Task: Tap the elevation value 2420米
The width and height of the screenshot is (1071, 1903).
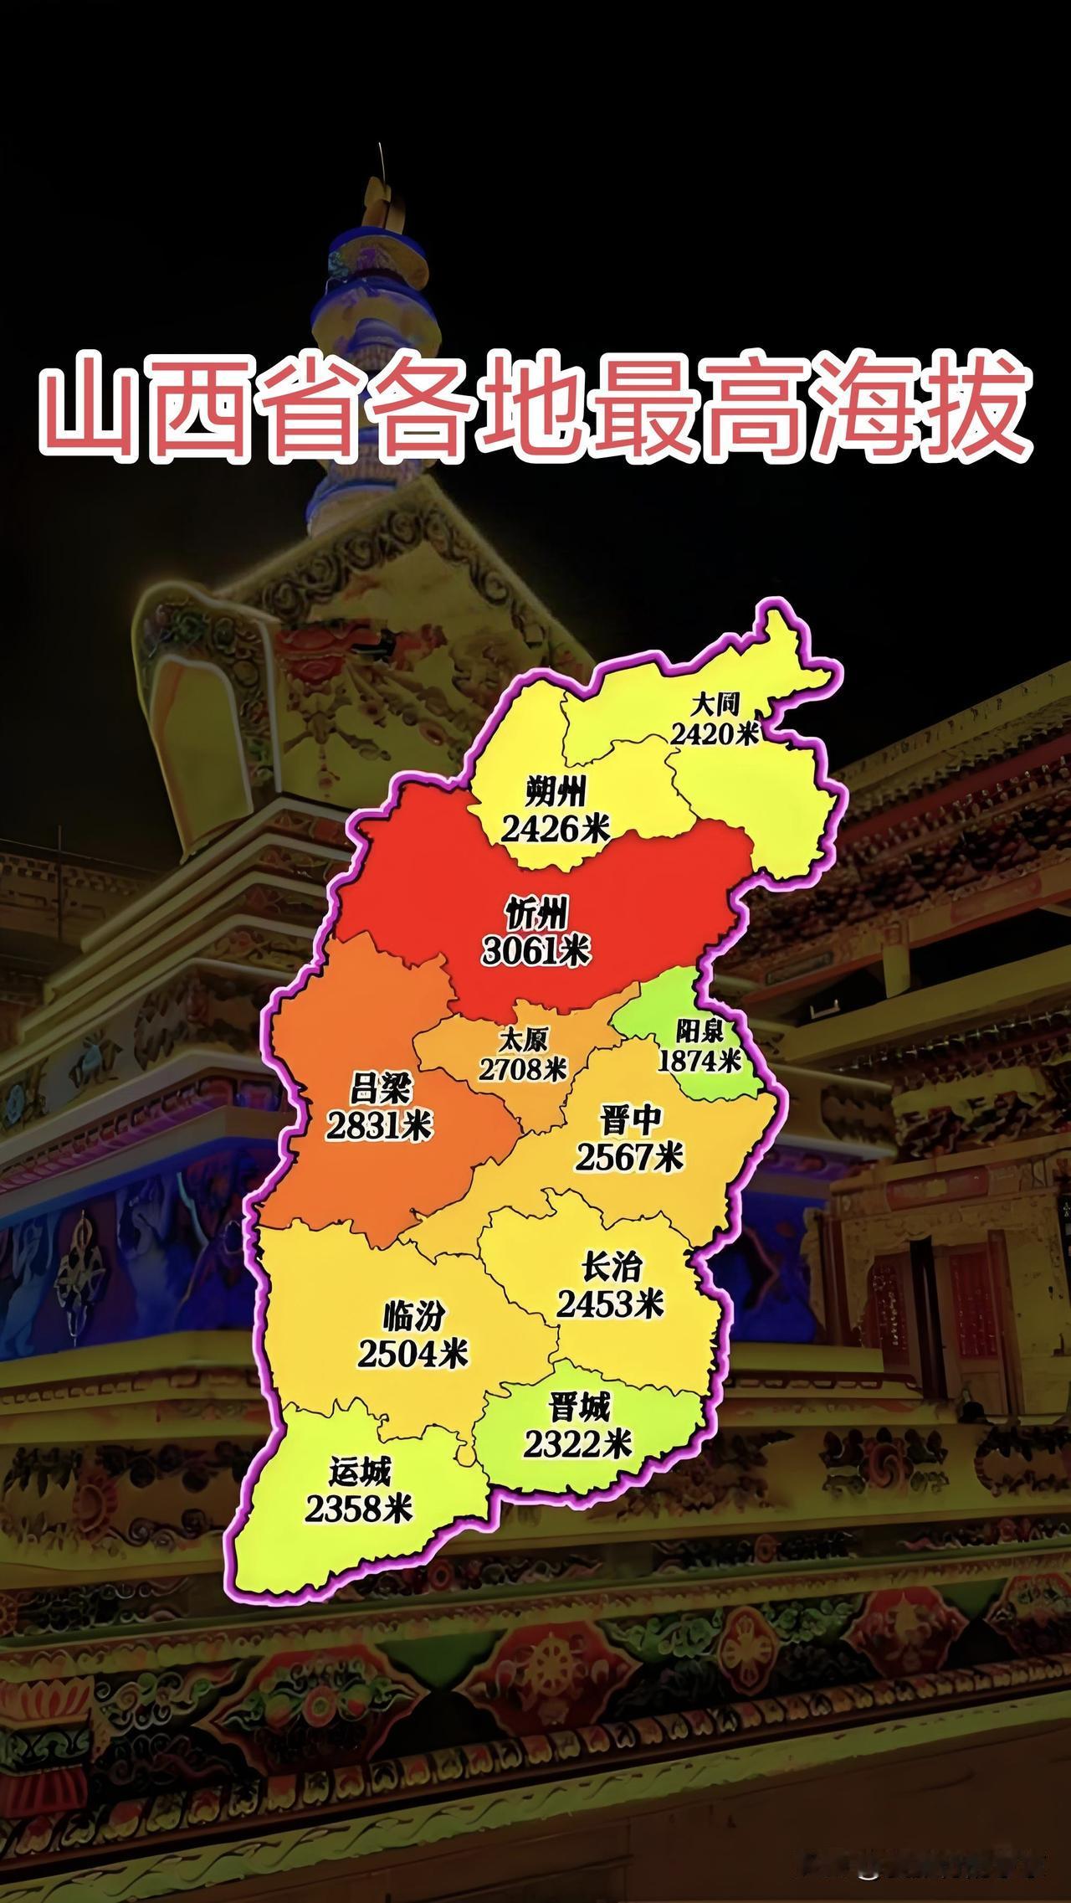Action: (714, 734)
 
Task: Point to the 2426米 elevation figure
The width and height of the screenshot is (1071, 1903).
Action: (556, 829)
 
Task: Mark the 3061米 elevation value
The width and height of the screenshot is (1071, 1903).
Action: (536, 951)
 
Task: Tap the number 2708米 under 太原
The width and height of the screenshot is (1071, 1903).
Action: (523, 1069)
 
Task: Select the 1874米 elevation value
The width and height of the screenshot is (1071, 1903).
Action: (699, 1060)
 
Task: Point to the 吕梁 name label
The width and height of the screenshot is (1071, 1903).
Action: (378, 1091)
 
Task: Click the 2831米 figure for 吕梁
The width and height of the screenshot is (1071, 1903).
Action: (378, 1127)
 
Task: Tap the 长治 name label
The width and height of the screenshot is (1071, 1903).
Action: (612, 1267)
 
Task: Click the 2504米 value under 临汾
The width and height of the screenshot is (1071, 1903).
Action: (413, 1354)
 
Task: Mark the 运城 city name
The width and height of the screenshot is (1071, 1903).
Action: (360, 1471)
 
